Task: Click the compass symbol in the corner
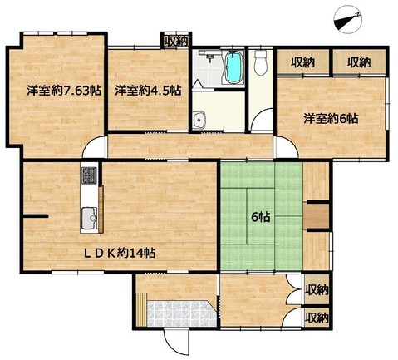point(349,20)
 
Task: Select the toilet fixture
point(260,62)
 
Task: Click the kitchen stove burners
point(89,175)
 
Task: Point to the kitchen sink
point(89,219)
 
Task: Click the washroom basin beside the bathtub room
point(199,120)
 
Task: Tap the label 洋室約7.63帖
point(64,91)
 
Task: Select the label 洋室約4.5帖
point(148,91)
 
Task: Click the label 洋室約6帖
point(331,119)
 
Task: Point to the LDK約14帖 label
point(120,253)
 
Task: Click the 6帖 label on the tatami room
point(261,217)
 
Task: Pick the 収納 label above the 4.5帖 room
point(176,42)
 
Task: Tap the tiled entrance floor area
point(181,313)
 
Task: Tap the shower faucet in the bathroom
point(209,56)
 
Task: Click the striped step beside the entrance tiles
point(141,309)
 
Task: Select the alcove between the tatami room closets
point(317,216)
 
